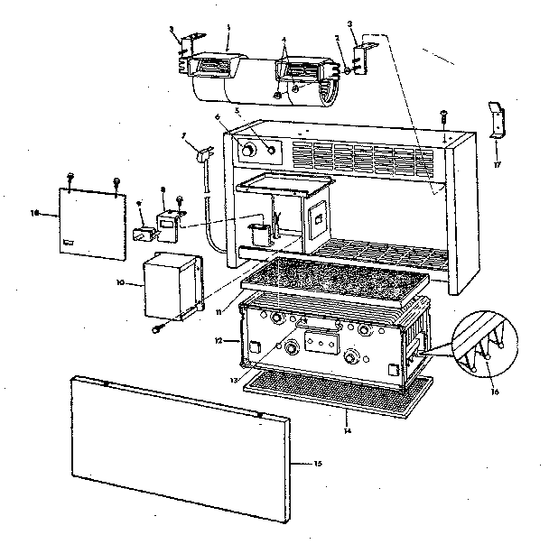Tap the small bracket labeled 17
[x=496, y=120]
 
